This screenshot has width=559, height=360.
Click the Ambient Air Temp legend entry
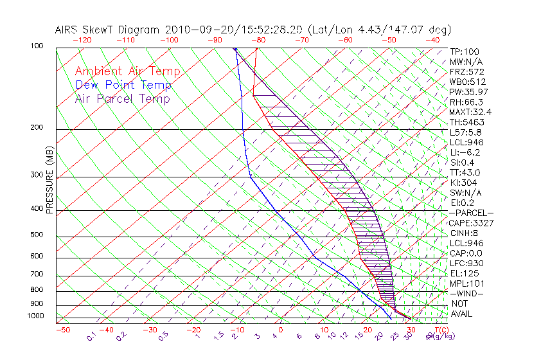pyautogui.click(x=127, y=71)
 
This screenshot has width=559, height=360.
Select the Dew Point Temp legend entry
pyautogui.click(x=123, y=85)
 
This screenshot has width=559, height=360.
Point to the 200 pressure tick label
pyautogui.click(x=37, y=127)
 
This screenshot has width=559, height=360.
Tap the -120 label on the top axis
pyautogui.click(x=81, y=40)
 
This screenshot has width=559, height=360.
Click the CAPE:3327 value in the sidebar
pyautogui.click(x=471, y=223)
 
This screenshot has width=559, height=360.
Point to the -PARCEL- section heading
pyautogui.click(x=471, y=213)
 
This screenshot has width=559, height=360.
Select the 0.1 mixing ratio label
pyautogui.click(x=91, y=336)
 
